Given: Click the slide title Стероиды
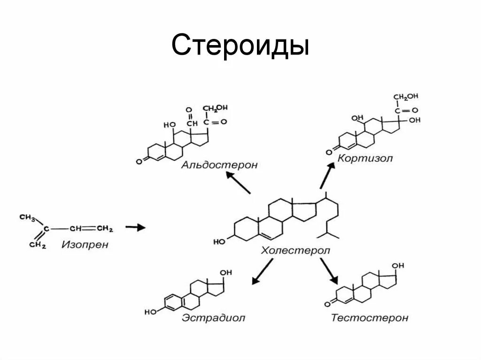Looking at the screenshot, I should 240,46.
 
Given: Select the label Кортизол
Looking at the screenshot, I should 365,158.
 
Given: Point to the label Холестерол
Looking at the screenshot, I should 295,251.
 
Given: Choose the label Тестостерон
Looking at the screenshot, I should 369,318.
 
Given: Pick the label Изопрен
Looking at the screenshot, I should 85,245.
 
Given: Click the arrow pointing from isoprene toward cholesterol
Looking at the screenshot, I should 136,228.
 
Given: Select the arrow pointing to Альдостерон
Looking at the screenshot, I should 238,183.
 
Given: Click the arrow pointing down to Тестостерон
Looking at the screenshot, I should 329,271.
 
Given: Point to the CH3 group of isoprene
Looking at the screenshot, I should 28,217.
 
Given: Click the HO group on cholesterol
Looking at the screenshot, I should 219,242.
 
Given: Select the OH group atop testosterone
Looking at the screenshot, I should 398,266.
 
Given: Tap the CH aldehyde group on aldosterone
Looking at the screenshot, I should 192,123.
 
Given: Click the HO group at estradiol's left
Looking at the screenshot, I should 150,312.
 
